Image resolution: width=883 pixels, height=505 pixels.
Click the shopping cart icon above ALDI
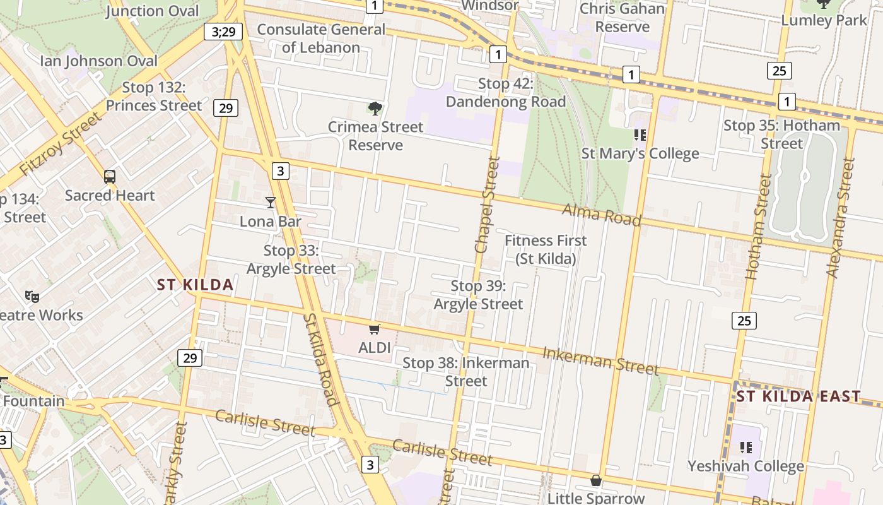point(375,328)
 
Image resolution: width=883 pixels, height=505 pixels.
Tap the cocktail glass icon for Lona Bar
point(271,202)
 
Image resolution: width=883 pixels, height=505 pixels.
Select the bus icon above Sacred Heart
point(110,177)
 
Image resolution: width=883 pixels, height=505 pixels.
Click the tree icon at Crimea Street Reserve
point(375,109)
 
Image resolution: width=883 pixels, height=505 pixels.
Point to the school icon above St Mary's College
point(640,135)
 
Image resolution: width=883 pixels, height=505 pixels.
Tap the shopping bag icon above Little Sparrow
point(595,481)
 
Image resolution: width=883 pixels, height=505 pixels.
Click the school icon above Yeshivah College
point(746,448)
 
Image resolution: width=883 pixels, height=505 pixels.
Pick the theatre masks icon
point(32,295)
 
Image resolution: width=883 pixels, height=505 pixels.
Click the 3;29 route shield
point(223,32)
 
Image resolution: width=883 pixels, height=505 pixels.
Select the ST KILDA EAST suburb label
point(798,396)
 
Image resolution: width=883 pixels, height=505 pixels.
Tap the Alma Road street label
point(601,215)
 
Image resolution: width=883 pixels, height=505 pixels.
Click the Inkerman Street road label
point(600,360)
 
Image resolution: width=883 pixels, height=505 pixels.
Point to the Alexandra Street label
point(841,218)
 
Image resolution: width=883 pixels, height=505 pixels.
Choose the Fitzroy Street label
point(60,145)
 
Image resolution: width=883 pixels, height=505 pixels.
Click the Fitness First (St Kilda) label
point(546,249)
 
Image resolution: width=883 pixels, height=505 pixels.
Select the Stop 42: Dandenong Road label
point(506,92)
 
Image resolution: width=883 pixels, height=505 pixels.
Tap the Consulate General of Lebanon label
point(321,38)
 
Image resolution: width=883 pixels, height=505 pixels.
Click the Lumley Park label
point(824,20)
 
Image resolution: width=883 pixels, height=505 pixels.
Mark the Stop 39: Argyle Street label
point(478,295)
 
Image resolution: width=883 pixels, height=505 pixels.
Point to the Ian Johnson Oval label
point(99,61)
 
